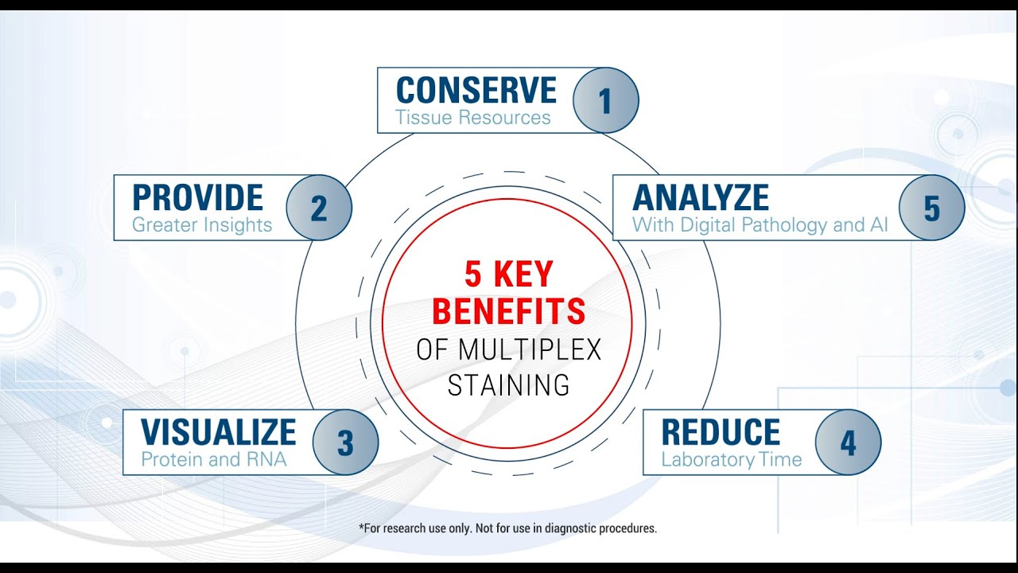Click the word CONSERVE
476,91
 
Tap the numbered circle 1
605,100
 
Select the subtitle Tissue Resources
473,119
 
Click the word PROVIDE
197,198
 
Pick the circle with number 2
318,209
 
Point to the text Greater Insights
202,225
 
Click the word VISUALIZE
218,432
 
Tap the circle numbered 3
345,442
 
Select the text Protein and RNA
213,459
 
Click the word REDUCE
721,432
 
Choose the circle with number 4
848,442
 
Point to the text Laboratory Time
731,460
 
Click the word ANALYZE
700,198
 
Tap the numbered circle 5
931,209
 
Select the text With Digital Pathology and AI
760,225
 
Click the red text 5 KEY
508,275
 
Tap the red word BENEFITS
508,312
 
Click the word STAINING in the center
508,386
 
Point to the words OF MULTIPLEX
508,350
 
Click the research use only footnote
508,528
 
